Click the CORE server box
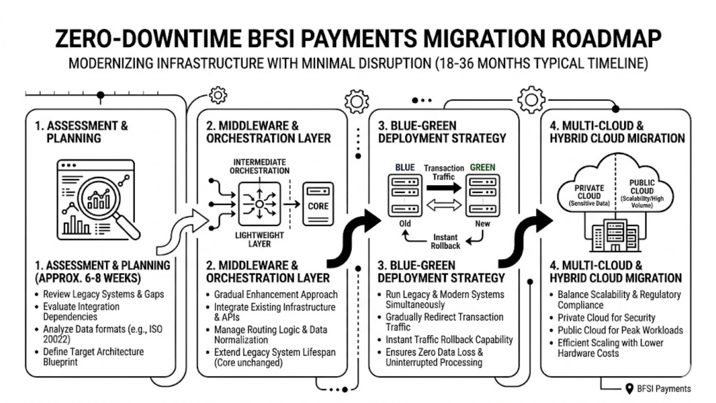[318, 204]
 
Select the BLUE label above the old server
[405, 168]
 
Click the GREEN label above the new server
[483, 168]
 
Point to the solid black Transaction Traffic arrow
[444, 187]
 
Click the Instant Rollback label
[445, 241]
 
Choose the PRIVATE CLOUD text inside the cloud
[589, 192]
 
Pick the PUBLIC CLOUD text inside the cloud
[642, 187]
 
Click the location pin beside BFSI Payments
[629, 388]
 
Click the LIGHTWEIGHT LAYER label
[260, 240]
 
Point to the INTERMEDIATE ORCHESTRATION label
[260, 166]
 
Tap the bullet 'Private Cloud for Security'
[606, 318]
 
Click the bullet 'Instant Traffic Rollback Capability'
[449, 340]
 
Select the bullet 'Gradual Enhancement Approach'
[276, 294]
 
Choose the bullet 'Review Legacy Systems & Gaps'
[103, 294]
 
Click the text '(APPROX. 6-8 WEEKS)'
[88, 278]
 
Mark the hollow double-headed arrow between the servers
[444, 205]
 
